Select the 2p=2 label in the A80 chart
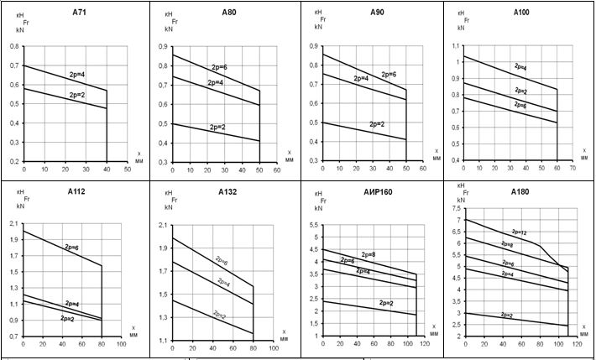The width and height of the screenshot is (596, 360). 217,128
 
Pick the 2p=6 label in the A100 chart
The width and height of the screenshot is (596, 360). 520,105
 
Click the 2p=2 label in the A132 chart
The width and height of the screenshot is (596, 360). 221,316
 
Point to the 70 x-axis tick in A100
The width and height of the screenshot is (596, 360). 572,169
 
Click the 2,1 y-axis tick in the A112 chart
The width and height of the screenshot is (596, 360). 14,225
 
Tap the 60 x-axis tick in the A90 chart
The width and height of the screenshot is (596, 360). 423,169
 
